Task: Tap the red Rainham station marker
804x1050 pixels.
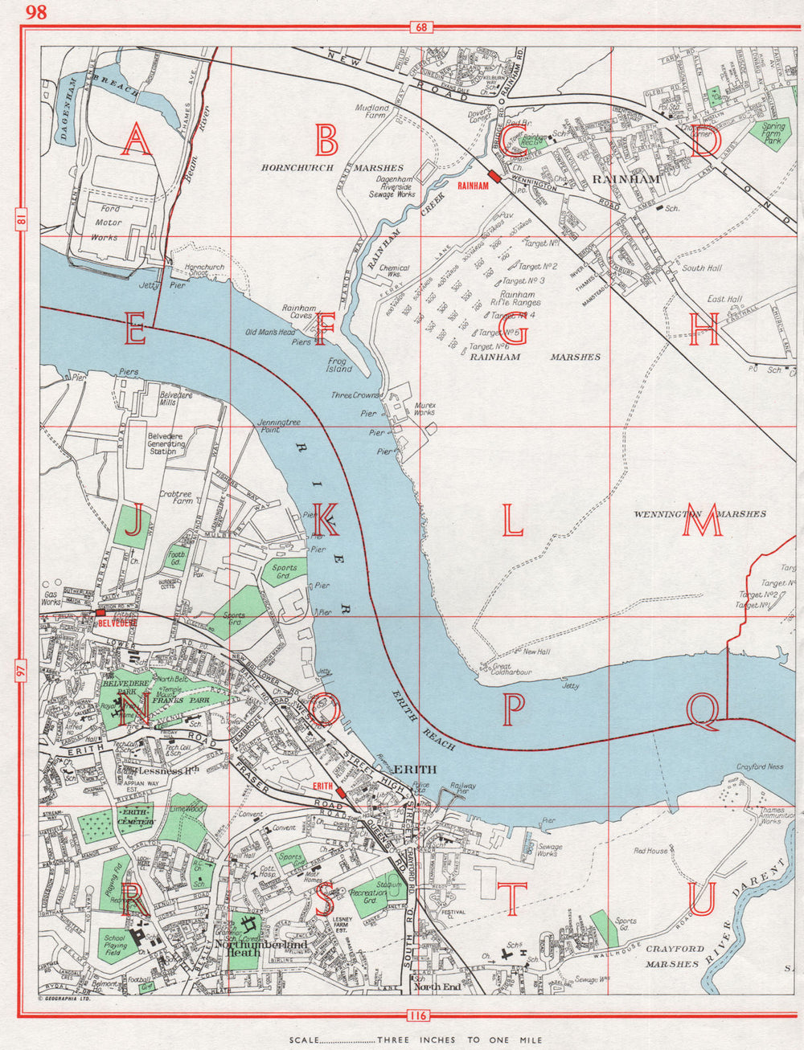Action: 493,178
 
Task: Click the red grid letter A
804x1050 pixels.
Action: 136,142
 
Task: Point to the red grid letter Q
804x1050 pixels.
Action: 704,712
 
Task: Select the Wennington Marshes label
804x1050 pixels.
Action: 699,513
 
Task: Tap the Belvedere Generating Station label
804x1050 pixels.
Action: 166,443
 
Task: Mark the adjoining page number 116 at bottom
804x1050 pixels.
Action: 417,1015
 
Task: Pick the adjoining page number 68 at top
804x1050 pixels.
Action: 420,28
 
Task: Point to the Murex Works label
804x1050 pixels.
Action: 425,410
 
